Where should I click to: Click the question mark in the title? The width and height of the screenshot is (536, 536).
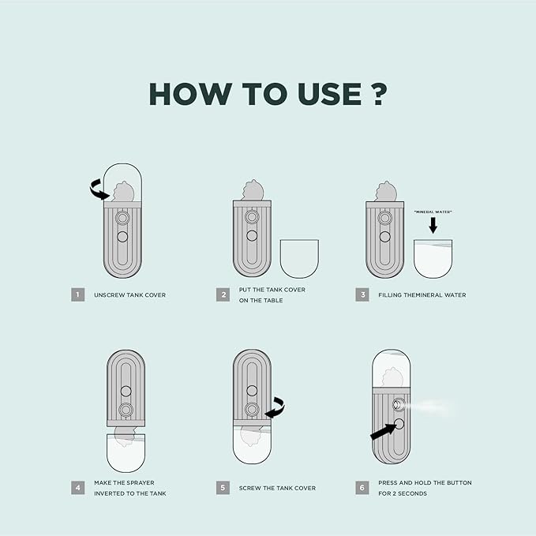[x=379, y=94]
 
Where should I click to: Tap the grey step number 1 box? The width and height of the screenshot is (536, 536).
[x=78, y=294]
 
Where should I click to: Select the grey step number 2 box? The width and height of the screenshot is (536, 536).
[x=223, y=294]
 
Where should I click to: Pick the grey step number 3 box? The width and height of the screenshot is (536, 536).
[x=362, y=294]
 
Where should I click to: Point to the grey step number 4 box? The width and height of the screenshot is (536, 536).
[x=78, y=488]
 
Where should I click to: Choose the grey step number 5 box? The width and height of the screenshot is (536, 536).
[x=223, y=488]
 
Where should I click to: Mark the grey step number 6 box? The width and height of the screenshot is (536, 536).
[x=362, y=488]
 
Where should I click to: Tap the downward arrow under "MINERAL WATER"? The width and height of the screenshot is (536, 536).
[x=433, y=226]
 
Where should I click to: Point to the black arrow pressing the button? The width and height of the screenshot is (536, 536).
[x=384, y=432]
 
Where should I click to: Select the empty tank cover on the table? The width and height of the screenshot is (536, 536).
[x=299, y=259]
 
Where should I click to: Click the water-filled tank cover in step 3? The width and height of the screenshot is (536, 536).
[x=433, y=259]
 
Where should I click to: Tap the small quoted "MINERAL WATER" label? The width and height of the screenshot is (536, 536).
[x=433, y=212]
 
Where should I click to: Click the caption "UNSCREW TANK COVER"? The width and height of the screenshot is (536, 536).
[x=130, y=295]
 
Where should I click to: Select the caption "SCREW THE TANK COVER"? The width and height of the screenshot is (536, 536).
[x=277, y=488]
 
